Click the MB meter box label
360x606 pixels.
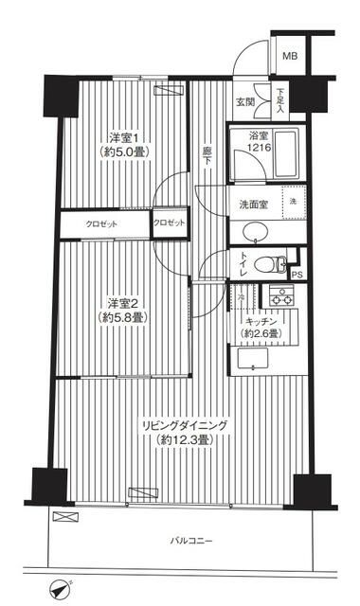pyautogui.click(x=288, y=56)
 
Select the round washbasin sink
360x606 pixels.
pyautogui.click(x=254, y=233)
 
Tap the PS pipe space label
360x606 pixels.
pyautogui.click(x=297, y=276)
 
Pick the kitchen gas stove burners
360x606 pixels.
pyautogui.click(x=282, y=295)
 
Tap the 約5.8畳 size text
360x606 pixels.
pyautogui.click(x=123, y=318)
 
